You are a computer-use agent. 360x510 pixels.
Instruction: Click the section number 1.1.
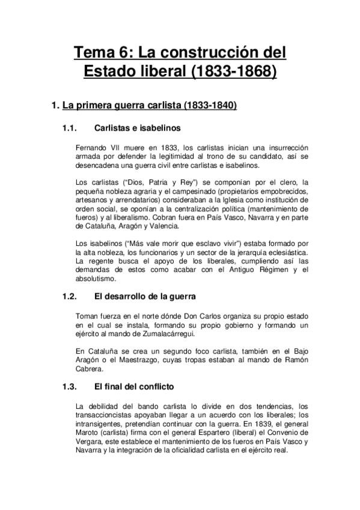71,128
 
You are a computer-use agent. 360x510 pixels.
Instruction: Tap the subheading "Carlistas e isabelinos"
138,128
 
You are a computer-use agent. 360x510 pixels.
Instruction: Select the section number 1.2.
71,296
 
